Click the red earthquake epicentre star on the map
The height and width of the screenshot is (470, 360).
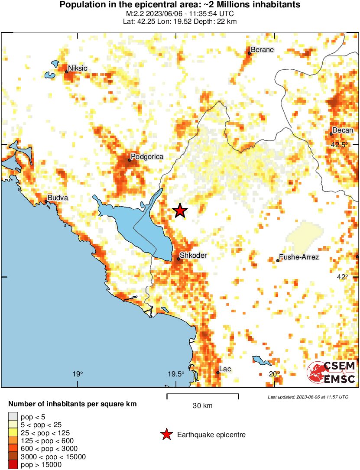(x=180, y=211)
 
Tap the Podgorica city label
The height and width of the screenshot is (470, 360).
(x=147, y=157)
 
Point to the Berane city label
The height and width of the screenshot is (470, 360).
(x=263, y=49)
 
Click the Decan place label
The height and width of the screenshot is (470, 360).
(x=342, y=130)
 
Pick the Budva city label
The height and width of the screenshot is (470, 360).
(x=58, y=198)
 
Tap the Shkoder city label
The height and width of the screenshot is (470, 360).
(x=193, y=256)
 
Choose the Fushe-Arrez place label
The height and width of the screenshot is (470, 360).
(x=299, y=257)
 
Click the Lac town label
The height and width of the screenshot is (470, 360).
(x=225, y=369)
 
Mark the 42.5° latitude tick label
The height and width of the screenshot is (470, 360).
(x=339, y=145)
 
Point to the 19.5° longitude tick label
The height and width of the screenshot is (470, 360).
(x=176, y=374)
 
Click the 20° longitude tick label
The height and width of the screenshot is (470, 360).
(x=274, y=374)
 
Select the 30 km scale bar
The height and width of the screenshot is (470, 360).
(x=202, y=395)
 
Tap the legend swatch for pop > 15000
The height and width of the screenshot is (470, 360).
(x=13, y=465)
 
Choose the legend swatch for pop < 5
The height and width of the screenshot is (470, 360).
(x=13, y=417)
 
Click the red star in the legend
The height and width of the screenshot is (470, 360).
(x=166, y=434)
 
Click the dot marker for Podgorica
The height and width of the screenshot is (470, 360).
(x=130, y=160)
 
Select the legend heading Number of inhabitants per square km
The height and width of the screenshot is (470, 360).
(x=72, y=404)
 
